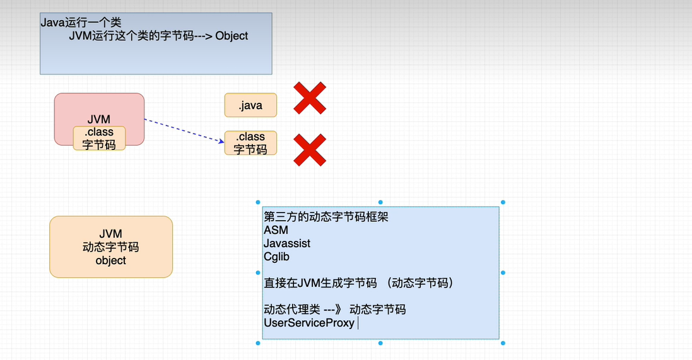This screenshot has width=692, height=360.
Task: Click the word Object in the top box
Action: click(232, 36)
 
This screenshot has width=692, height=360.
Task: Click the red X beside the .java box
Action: click(310, 98)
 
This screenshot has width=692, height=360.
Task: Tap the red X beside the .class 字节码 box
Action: click(310, 150)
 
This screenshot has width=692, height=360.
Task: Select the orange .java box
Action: click(250, 105)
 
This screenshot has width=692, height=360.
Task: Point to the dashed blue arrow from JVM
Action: click(184, 131)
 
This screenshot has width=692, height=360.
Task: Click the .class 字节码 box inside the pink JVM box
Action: click(99, 138)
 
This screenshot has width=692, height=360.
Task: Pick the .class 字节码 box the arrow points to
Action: click(250, 143)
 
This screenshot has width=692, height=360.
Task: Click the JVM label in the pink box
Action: click(99, 119)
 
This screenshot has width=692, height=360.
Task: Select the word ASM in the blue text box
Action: click(276, 230)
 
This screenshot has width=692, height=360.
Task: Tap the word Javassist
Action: click(287, 243)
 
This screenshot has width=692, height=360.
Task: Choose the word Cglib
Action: click(276, 257)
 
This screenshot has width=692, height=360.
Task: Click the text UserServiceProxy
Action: click(309, 323)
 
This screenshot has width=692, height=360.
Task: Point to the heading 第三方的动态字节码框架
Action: click(326, 217)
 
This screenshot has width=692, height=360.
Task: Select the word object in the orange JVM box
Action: click(111, 260)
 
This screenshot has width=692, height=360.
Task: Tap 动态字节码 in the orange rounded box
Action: click(111, 247)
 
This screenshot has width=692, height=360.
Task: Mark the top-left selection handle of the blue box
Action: click(258, 202)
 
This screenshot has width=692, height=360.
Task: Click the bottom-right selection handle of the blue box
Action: click(503, 343)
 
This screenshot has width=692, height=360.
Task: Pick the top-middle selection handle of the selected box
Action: click(380, 202)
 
